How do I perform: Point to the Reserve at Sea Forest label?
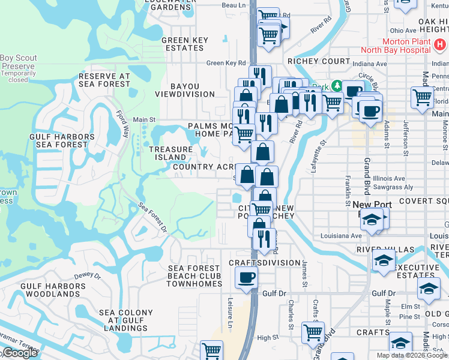[104, 81]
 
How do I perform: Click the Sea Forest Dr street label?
[153, 217]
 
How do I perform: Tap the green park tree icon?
[337, 86]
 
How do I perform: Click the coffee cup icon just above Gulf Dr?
[246, 278]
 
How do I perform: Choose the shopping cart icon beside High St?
[313, 332]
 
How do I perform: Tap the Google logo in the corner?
[19, 353]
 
